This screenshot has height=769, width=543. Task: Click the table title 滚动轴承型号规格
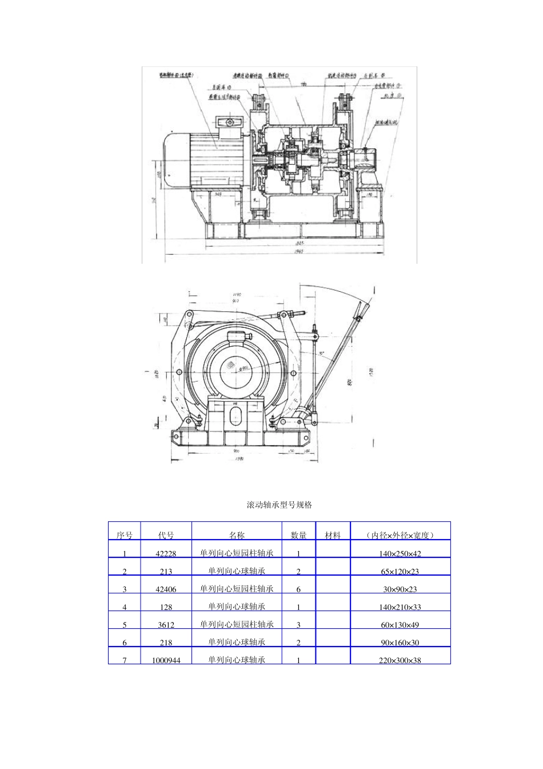[x=279, y=505]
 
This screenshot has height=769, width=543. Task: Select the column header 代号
[x=166, y=536]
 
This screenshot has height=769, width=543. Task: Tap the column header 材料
[x=333, y=536]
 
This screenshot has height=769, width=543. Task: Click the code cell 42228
[x=166, y=553]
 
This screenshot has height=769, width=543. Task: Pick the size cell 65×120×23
[x=400, y=571]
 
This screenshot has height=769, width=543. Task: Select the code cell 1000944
[x=166, y=660]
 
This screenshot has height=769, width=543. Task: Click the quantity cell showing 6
[x=298, y=589]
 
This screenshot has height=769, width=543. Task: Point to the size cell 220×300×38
[x=400, y=660]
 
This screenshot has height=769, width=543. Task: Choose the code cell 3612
[x=166, y=625]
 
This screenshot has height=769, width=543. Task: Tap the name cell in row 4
[x=237, y=607]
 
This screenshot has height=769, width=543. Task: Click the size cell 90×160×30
[x=400, y=643]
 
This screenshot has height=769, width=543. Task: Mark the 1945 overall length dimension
[x=298, y=252]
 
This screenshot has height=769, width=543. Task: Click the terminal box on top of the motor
[x=229, y=122]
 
